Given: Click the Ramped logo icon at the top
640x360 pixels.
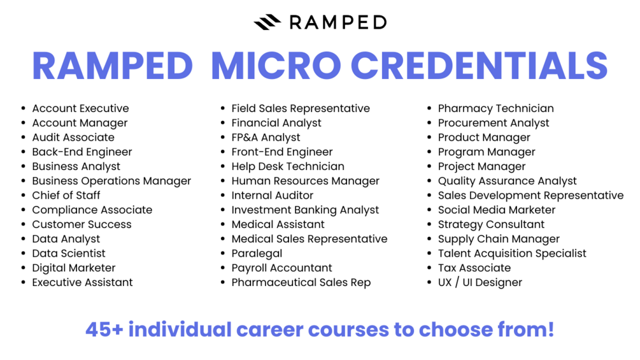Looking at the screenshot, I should click(x=267, y=22).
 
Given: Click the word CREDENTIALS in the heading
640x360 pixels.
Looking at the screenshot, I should click(x=479, y=66).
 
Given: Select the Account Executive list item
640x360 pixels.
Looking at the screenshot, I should click(x=80, y=108).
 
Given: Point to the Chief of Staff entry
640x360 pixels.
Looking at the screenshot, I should click(x=66, y=196).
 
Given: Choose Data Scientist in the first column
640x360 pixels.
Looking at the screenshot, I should click(x=69, y=254).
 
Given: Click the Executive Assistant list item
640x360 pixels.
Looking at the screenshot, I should click(x=82, y=282).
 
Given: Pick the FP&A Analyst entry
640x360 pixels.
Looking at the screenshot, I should click(x=266, y=138).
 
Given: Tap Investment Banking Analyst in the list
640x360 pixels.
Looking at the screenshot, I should click(x=305, y=210).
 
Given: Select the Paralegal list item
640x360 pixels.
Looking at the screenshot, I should click(x=257, y=254).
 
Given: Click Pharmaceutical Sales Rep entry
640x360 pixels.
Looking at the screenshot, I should click(x=301, y=282).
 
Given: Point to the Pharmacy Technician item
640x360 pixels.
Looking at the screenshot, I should click(x=495, y=108).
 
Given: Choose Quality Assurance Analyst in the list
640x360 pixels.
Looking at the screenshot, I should click(x=507, y=181).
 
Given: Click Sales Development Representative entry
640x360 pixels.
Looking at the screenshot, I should click(x=530, y=196).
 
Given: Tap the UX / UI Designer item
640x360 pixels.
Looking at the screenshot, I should click(x=480, y=282).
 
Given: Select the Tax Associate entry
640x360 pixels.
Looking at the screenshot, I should click(x=474, y=268).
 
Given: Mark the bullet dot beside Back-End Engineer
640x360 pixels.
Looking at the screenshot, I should click(x=24, y=152).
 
